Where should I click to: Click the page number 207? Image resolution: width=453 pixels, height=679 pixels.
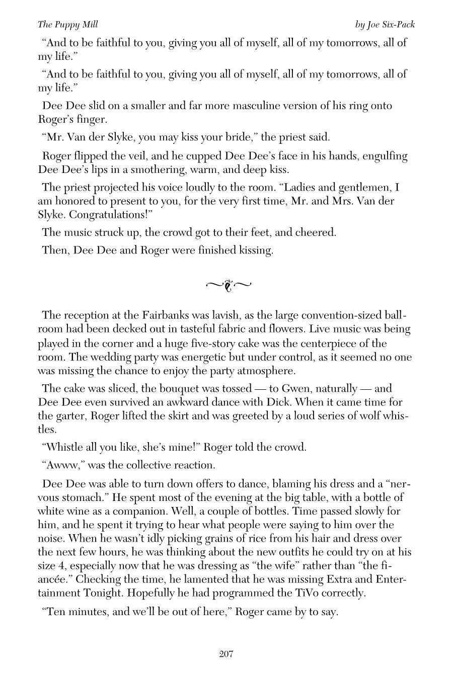tap(226, 654)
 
